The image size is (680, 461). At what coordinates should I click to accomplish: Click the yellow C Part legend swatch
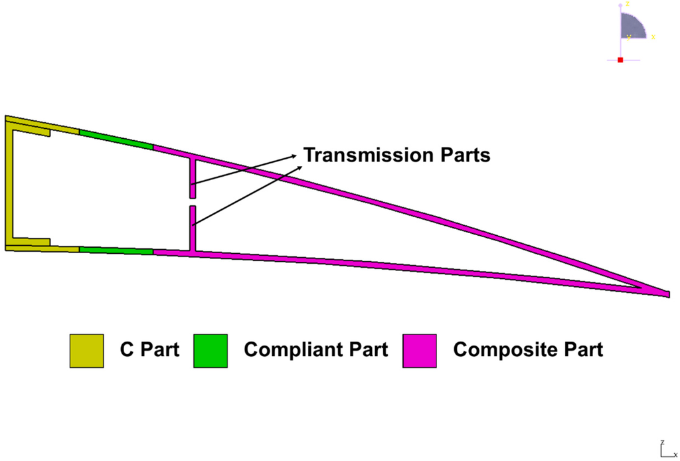pyautogui.click(x=86, y=351)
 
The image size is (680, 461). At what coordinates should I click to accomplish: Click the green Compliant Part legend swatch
pyautogui.click(x=211, y=351)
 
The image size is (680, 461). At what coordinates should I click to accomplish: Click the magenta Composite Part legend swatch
pyautogui.click(x=420, y=351)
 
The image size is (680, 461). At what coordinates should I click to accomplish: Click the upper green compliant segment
pyautogui.click(x=116, y=139)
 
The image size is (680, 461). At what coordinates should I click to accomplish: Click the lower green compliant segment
pyautogui.click(x=116, y=250)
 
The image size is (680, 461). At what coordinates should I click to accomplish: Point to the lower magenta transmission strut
pyautogui.click(x=193, y=228)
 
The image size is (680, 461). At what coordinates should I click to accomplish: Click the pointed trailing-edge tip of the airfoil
pyautogui.click(x=666, y=293)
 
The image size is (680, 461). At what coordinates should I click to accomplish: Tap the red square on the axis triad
pyautogui.click(x=620, y=60)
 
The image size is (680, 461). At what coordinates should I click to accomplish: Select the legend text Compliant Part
pyautogui.click(x=315, y=349)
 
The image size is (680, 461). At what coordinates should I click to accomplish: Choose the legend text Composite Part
pyautogui.click(x=528, y=349)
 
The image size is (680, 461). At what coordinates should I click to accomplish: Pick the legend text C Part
pyautogui.click(x=149, y=349)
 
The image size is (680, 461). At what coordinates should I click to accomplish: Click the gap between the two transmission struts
pyautogui.click(x=193, y=202)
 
